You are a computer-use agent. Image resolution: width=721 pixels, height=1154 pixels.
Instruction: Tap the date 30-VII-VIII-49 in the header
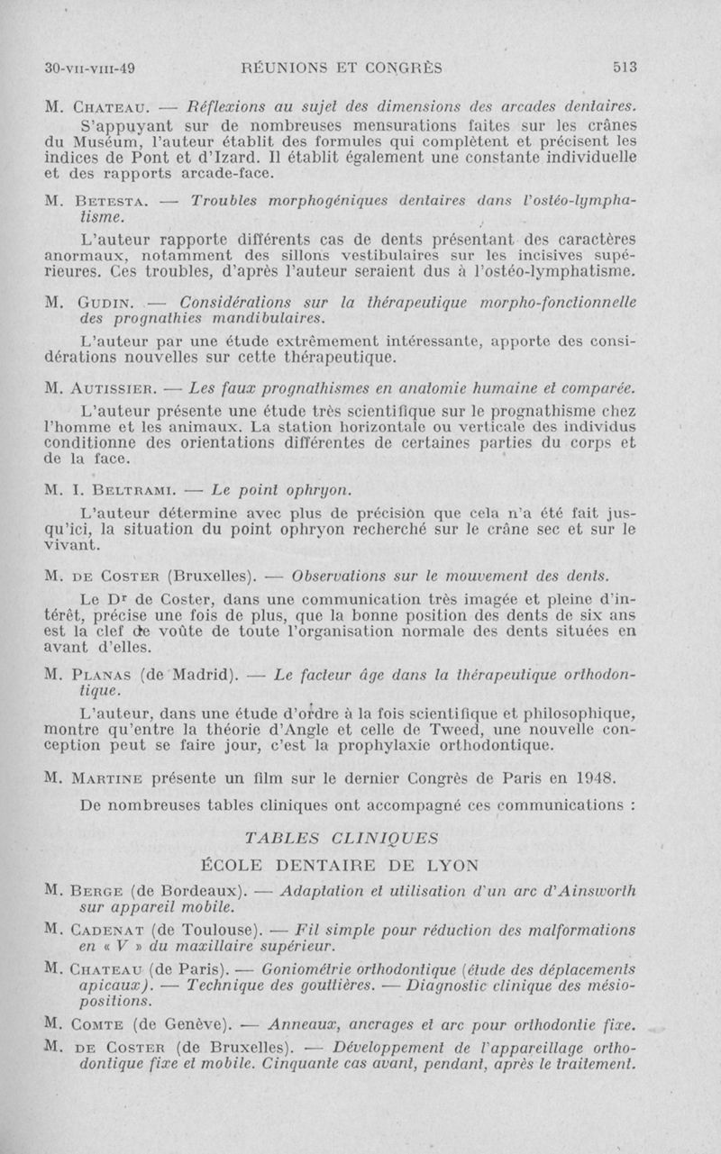point(89,67)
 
